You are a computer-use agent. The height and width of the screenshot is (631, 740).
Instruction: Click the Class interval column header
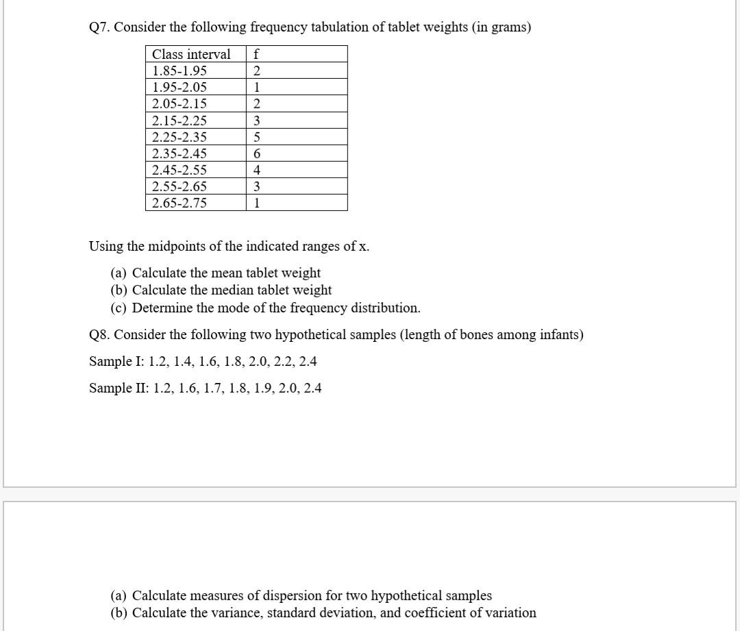[191, 54]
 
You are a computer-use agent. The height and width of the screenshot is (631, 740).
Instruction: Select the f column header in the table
[256, 54]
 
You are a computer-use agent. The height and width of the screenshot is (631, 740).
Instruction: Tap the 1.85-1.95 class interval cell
[180, 71]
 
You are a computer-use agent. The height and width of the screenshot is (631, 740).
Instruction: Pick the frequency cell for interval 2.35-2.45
[256, 153]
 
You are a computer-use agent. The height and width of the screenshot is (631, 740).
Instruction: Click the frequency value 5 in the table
[256, 137]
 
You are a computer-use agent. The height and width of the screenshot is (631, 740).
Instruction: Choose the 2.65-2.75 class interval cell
[180, 203]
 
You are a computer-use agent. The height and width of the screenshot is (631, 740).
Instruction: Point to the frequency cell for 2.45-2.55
[256, 170]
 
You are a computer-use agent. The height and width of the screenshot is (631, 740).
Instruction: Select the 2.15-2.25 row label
[180, 121]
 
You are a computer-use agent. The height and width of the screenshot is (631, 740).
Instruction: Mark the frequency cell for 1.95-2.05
[256, 87]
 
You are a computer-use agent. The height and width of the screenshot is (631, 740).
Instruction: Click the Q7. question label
[100, 27]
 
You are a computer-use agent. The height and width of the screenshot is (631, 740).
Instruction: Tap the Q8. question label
[100, 335]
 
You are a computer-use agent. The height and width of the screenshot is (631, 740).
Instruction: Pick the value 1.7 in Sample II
[214, 388]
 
